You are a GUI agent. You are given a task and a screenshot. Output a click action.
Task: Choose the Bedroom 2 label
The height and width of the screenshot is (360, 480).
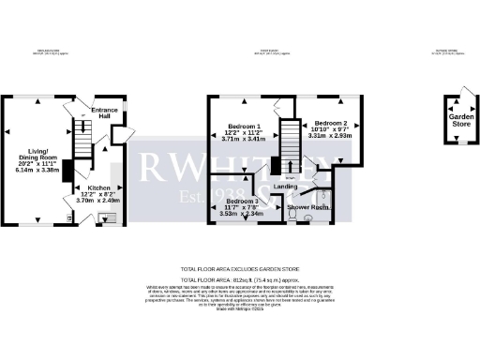[331, 124]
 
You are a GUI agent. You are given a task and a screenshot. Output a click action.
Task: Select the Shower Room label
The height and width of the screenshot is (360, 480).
[306, 205]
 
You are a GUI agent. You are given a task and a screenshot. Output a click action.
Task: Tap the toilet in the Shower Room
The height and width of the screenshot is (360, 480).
[295, 215]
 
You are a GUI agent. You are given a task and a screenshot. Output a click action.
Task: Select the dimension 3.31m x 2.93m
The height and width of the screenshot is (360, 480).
[330, 136]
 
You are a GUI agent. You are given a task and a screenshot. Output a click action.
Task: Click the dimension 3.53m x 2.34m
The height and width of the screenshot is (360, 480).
[242, 213]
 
